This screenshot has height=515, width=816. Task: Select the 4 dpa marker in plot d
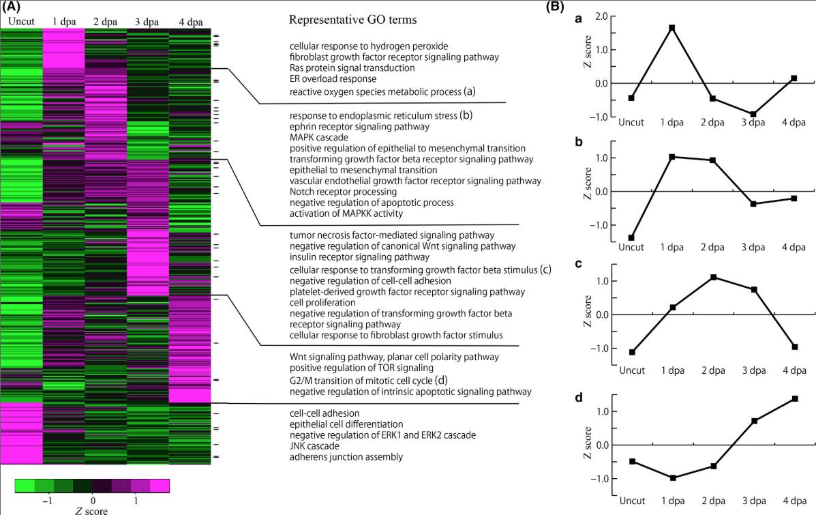coord(795,398)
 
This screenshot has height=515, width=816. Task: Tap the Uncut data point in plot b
coord(631,238)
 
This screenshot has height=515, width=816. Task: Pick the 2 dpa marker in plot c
coord(713,277)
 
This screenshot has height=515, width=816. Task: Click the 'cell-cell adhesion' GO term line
coord(324,413)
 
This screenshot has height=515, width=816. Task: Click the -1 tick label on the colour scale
coord(47,501)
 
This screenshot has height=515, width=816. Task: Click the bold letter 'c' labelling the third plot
coord(579,267)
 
